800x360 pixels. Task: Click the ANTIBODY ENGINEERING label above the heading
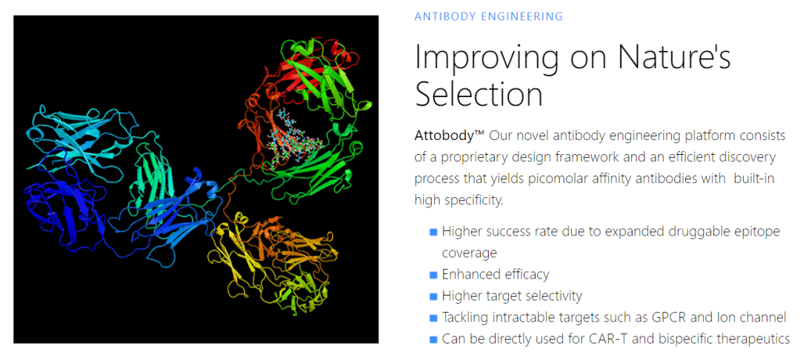(488, 16)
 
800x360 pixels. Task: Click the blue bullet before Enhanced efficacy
(433, 275)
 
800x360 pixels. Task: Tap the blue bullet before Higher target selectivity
(433, 296)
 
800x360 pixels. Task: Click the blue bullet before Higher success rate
(433, 232)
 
